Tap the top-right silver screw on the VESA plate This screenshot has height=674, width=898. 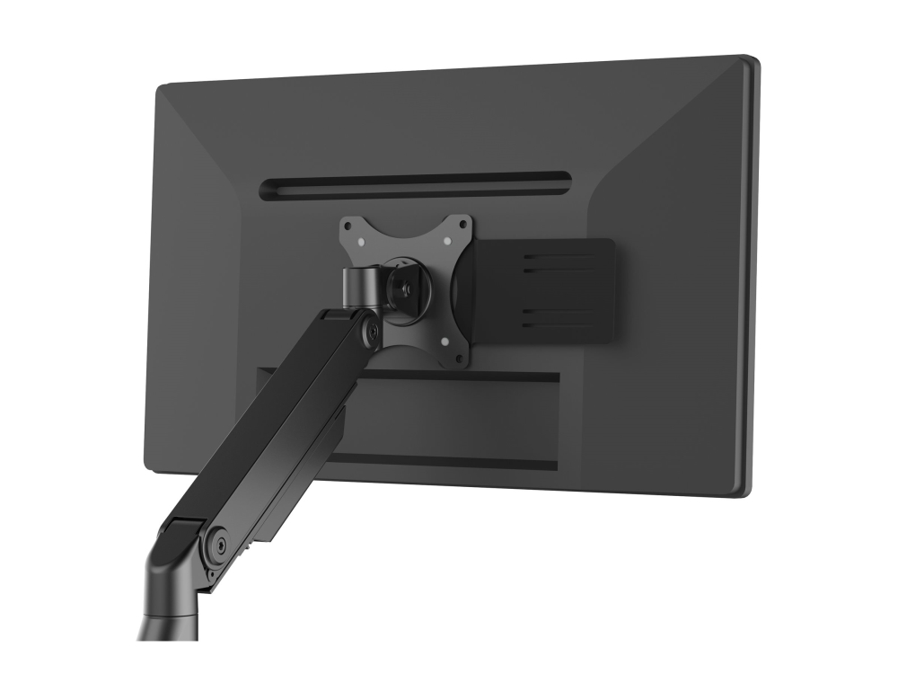coord(447,241)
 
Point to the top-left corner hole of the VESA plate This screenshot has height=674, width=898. coord(348,226)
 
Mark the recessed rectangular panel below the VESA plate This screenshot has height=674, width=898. coord(449,418)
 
